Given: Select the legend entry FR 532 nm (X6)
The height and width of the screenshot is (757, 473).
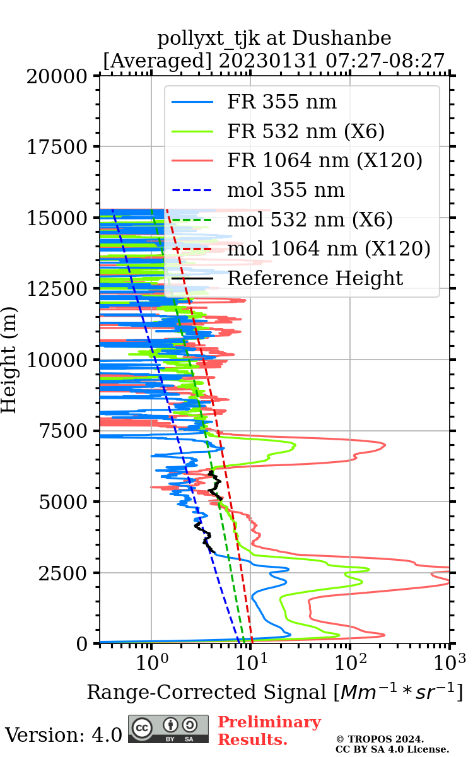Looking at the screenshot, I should point(306,132).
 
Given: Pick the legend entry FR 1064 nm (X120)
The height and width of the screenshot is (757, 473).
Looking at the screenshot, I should point(324,161).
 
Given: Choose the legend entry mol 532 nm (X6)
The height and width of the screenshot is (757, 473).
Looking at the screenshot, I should point(310,220).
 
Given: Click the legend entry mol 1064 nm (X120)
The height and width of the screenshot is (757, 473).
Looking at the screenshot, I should point(328,249).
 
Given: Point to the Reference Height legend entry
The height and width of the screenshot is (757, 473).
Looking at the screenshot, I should point(315,278).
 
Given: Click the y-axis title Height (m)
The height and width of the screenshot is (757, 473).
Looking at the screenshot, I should point(9,360).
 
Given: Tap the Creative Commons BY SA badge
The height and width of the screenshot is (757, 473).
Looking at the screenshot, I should point(168,729).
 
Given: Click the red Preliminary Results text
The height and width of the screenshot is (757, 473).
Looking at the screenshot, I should point(269,731).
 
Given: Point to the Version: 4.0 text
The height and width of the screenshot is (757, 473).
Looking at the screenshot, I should point(63,734).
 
